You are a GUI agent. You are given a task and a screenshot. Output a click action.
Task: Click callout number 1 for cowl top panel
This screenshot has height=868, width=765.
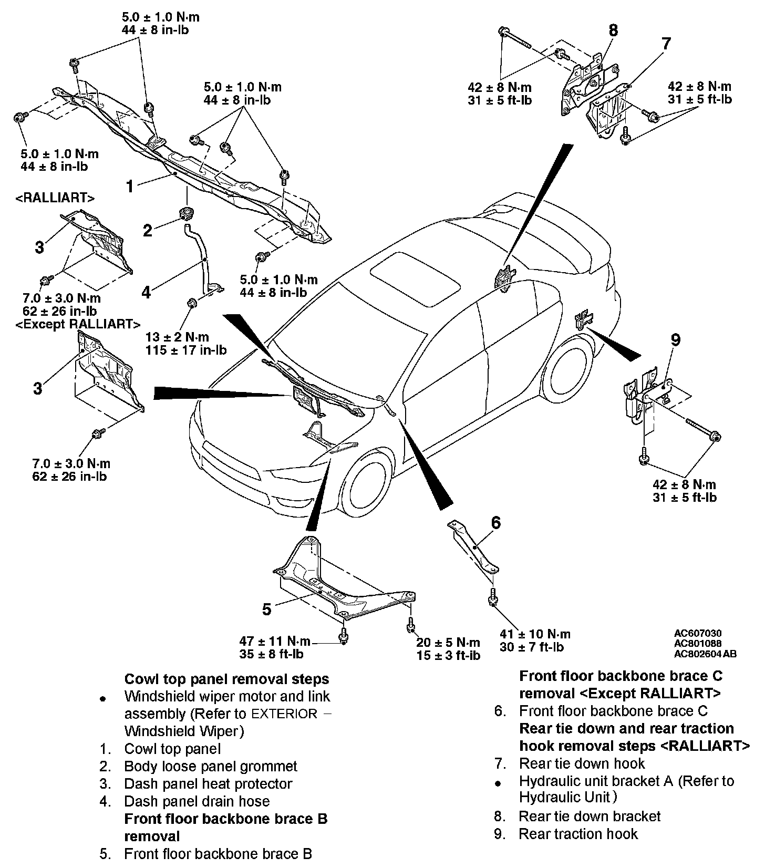tap(130, 186)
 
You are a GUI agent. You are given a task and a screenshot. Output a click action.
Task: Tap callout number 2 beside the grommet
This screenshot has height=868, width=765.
tap(148, 230)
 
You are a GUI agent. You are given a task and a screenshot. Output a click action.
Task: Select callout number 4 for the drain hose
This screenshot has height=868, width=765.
tap(146, 292)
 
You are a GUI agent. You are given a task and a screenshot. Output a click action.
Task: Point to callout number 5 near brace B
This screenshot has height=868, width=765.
tap(267, 609)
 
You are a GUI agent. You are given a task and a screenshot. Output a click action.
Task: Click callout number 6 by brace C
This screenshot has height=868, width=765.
tap(495, 523)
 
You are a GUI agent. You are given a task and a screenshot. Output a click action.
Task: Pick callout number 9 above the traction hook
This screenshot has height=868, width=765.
tap(676, 340)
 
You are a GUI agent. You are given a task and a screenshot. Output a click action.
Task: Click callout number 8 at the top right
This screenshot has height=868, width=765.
tap(613, 30)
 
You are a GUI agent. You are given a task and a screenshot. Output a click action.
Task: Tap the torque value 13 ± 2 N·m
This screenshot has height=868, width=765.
tap(178, 337)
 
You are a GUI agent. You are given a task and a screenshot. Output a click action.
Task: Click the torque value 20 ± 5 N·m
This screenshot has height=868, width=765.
tap(448, 642)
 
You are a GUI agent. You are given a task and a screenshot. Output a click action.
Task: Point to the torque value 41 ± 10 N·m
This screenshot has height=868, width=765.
tap(535, 634)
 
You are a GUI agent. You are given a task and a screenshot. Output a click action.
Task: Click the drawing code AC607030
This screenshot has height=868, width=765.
tap(698, 633)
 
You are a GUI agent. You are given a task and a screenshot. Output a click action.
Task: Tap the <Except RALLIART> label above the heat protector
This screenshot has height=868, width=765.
tap(78, 324)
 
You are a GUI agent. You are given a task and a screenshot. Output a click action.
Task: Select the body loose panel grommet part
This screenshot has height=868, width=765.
tap(185, 212)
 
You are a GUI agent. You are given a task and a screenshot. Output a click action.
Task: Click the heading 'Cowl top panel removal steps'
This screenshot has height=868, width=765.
tap(226, 679)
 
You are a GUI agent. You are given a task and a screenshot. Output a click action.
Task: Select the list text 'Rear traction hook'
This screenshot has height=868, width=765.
tap(578, 834)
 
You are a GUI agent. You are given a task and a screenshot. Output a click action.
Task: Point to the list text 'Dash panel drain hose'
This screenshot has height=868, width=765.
tap(197, 801)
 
